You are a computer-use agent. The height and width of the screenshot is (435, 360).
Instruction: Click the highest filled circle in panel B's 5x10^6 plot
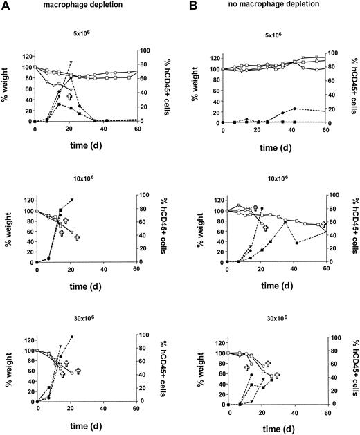[295, 109]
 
